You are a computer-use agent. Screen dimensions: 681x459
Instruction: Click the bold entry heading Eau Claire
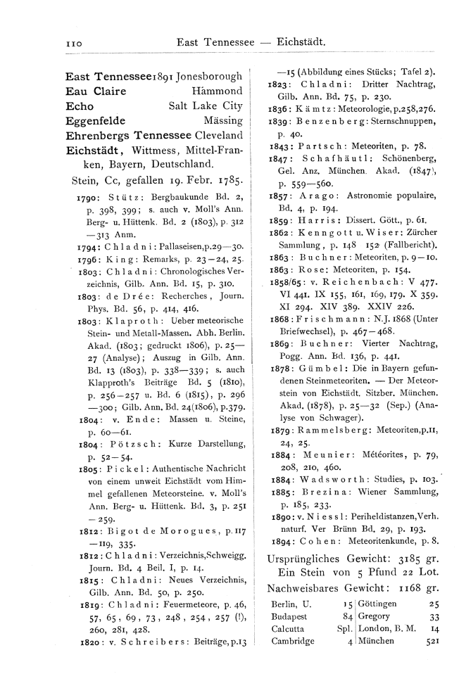coord(96,91)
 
